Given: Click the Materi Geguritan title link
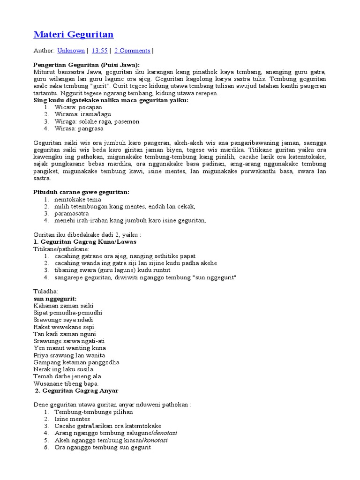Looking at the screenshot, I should click(x=74, y=35).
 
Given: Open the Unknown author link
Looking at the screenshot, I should click(x=71, y=51).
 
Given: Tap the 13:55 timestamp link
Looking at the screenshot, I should click(x=99, y=51).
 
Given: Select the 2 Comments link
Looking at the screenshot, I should click(x=132, y=51).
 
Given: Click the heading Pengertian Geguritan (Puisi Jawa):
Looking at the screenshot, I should click(x=87, y=65).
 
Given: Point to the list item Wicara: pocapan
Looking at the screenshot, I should click(x=78, y=107).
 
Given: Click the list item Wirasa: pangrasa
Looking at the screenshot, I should click(x=79, y=128).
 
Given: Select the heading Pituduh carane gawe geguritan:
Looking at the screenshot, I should click(x=81, y=192).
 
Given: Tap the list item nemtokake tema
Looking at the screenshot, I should click(x=77, y=199).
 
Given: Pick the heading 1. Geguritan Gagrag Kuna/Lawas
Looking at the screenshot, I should click(x=85, y=242).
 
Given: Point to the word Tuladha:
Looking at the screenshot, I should click(x=45, y=292).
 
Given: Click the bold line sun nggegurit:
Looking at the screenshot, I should click(x=55, y=299).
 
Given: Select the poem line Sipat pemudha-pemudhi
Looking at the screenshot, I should click(x=68, y=313).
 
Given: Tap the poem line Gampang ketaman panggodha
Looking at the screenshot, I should click(x=76, y=362).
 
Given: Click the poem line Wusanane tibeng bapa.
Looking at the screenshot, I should click(x=66, y=383).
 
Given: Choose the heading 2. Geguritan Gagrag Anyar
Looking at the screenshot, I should click(x=77, y=390).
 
